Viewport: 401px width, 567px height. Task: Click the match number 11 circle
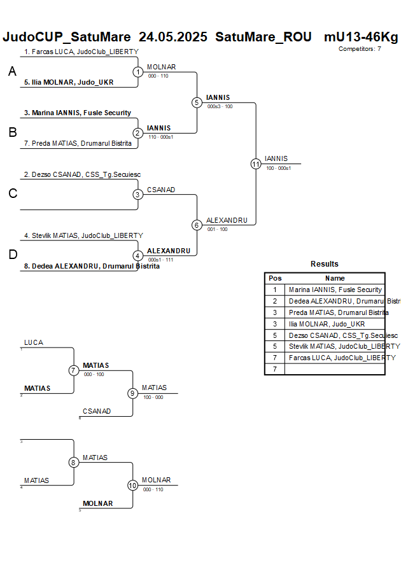click(256, 164)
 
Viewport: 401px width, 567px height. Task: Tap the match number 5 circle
click(197, 102)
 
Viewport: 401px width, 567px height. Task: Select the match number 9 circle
click(132, 393)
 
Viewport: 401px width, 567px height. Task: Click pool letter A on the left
click(12, 73)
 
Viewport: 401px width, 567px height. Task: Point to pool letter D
click(12, 255)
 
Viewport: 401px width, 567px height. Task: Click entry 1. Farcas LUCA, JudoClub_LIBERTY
click(81, 52)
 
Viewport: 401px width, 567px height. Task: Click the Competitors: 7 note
click(360, 48)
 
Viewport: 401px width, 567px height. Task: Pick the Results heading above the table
click(325, 264)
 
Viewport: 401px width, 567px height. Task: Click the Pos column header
click(275, 278)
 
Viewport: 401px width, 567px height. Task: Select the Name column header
click(335, 278)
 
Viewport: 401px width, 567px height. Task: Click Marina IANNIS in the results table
click(335, 290)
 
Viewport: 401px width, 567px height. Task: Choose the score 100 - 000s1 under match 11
click(278, 168)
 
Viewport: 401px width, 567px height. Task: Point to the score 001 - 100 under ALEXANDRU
click(217, 229)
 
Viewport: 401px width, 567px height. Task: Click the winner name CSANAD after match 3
click(161, 190)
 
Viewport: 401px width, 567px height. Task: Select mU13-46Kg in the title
click(361, 37)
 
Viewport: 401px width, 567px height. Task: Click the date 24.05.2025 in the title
click(173, 37)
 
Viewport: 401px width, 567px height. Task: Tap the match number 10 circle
click(132, 485)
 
